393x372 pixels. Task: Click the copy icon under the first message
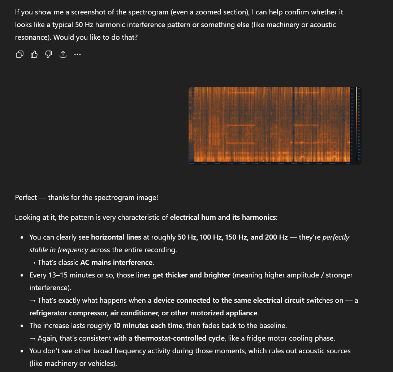20,54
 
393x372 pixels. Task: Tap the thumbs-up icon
34,54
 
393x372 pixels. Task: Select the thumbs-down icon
48,54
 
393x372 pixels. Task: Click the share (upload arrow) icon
63,54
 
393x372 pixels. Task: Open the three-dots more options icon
77,54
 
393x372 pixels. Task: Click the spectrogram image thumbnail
275,126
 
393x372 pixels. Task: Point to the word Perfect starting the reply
26,197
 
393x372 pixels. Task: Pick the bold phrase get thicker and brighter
191,275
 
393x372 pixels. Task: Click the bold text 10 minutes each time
147,325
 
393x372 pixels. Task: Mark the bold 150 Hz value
236,237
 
